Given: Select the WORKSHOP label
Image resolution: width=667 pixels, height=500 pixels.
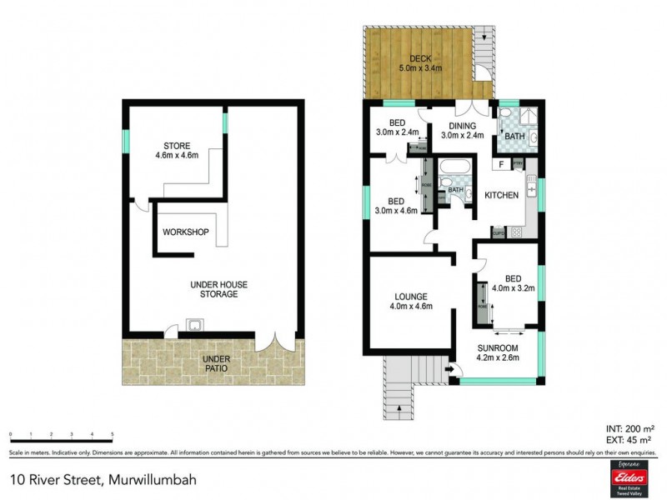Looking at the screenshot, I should [x=185, y=232].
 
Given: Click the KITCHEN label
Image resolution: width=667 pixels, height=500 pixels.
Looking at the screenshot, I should [x=501, y=195].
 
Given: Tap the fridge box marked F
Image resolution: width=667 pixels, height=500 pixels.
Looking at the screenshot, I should [x=500, y=164].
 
